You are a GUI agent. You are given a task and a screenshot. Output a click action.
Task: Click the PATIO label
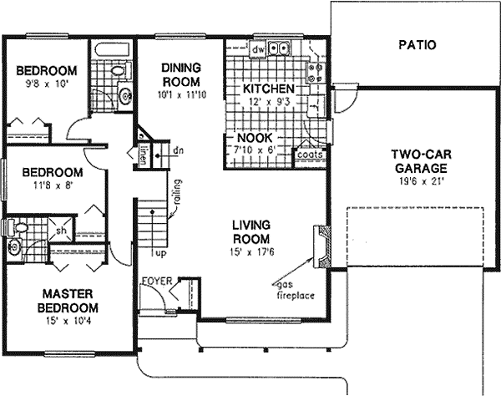(x=416, y=45)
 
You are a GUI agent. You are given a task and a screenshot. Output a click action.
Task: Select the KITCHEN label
(x=267, y=89)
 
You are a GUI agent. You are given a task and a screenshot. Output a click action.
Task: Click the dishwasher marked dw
(x=258, y=49)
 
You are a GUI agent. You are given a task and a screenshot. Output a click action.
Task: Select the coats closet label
(x=309, y=154)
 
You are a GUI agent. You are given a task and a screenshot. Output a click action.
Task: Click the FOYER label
(x=157, y=281)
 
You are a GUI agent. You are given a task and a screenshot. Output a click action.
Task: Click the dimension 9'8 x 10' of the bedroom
(x=46, y=84)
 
